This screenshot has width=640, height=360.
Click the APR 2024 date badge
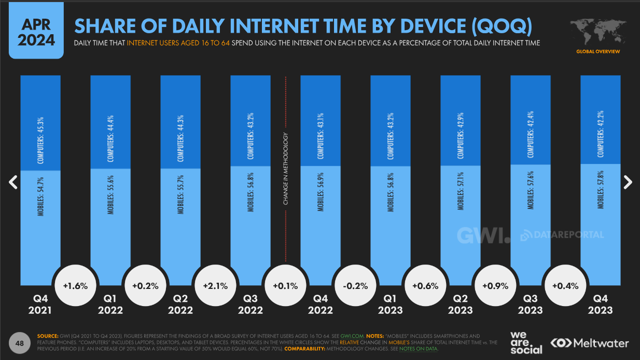click(x=36, y=33)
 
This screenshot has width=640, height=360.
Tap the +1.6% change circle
click(x=75, y=286)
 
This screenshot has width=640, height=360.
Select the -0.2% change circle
click(x=355, y=286)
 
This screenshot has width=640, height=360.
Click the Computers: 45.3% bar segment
click(x=40, y=123)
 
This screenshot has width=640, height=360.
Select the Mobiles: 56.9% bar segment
click(x=321, y=226)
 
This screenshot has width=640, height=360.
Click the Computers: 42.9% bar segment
click(x=461, y=120)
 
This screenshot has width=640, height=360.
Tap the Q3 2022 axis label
click(x=251, y=304)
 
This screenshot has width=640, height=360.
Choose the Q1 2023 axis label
click(x=391, y=304)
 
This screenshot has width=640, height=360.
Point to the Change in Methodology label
click(x=286, y=169)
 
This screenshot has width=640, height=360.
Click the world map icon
click(x=597, y=32)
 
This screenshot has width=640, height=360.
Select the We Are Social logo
click(x=526, y=343)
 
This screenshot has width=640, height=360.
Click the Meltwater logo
click(x=590, y=343)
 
